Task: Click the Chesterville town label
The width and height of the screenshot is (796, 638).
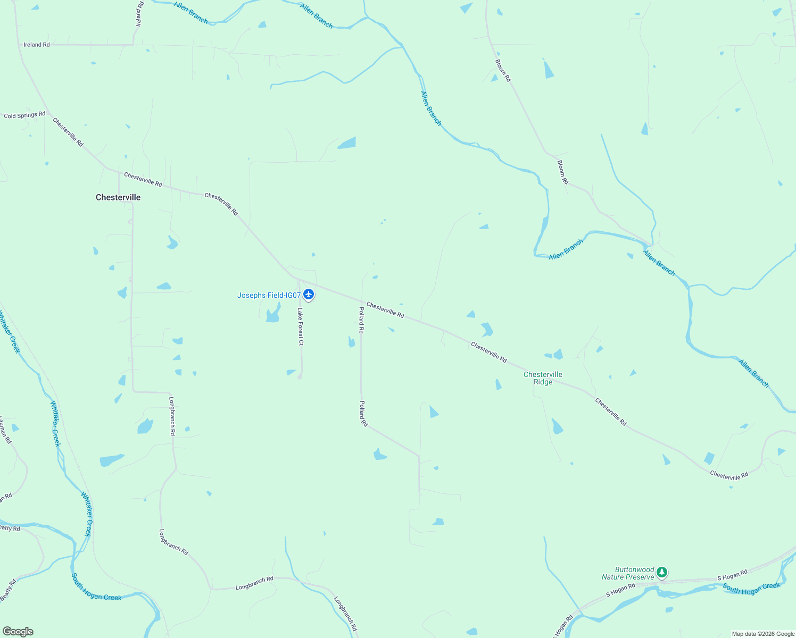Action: coord(118,197)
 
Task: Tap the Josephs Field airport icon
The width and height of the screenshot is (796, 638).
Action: coord(309,294)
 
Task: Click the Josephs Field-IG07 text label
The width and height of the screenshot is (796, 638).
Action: coord(269,295)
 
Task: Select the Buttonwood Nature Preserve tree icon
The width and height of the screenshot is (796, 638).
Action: coord(661,573)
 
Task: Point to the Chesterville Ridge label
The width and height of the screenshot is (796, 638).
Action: coord(543,378)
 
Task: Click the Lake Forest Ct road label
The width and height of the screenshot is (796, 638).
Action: coord(301,326)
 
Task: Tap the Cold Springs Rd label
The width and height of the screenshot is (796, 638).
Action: coord(24,115)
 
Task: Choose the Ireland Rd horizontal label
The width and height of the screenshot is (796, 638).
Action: coord(37,45)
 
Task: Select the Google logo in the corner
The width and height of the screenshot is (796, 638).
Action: coord(18,632)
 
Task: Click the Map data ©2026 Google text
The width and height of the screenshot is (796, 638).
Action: coord(763,634)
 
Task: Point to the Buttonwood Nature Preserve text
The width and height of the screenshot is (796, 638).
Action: coord(628,573)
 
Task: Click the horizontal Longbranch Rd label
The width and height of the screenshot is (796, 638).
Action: coord(254,583)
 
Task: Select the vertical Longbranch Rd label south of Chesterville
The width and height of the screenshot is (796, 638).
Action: coord(172,416)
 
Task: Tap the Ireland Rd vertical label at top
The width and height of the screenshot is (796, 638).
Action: coord(140,14)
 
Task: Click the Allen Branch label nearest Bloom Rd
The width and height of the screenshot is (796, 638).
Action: coord(566,249)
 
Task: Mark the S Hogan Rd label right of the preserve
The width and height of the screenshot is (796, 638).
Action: coord(732,574)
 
